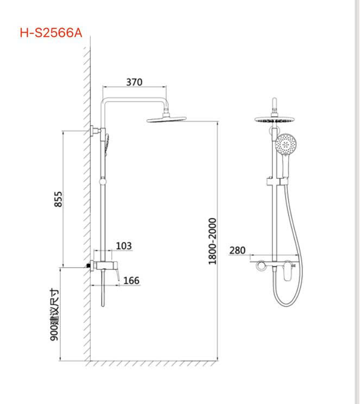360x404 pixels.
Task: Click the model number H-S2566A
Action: tap(50, 33)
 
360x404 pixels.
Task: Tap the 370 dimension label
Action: tap(134, 82)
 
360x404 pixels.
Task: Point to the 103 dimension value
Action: tap(124, 246)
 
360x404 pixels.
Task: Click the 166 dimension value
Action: tap(131, 280)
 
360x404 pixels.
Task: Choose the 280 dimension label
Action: tap(237, 250)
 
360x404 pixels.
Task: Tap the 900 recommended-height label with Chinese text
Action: tap(54, 315)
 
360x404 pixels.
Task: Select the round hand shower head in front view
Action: tap(286, 145)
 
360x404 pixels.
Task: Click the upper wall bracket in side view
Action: tap(95, 130)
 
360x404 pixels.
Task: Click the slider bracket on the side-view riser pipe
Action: tap(102, 180)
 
